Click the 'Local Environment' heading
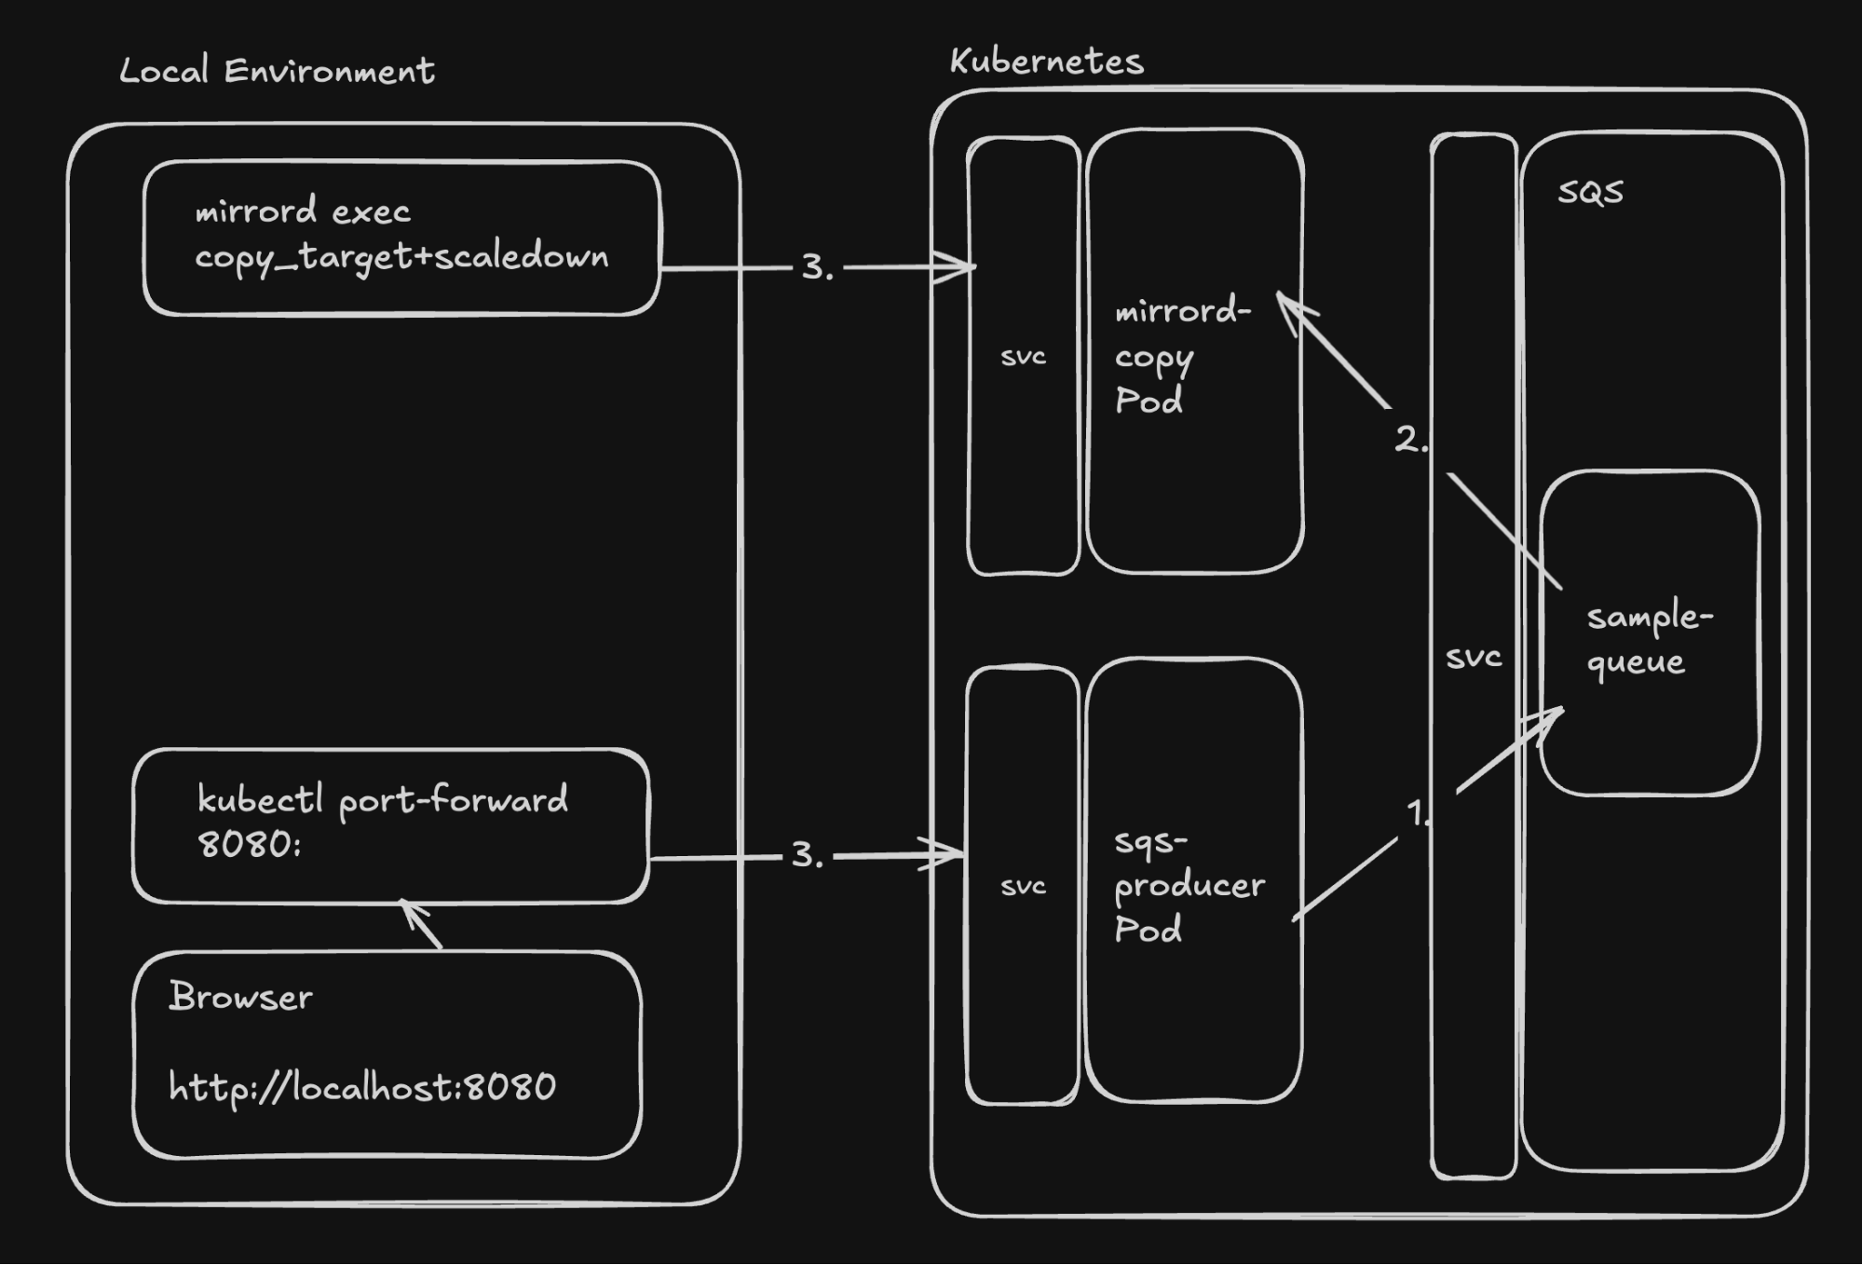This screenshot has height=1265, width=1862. (x=277, y=71)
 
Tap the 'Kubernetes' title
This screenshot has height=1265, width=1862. (x=1046, y=61)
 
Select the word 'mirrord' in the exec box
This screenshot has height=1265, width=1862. (x=255, y=211)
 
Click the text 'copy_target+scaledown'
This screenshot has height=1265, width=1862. (x=401, y=256)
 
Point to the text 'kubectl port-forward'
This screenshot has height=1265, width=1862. (x=382, y=800)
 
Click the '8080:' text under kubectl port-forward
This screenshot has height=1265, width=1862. (x=250, y=844)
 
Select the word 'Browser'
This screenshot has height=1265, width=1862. (x=240, y=997)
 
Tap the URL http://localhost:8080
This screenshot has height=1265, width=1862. (x=361, y=1087)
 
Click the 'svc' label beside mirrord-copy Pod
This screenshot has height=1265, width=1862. (x=1023, y=357)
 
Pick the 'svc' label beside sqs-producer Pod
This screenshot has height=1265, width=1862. (x=1023, y=886)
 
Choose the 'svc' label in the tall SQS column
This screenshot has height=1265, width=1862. (x=1474, y=658)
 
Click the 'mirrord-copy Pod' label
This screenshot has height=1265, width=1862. (x=1182, y=355)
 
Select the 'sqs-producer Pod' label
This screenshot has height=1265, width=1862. (x=1189, y=885)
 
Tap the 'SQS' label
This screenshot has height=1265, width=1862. (x=1590, y=192)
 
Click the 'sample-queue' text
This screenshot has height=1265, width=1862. (x=1649, y=639)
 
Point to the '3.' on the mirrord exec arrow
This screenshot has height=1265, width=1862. (x=817, y=267)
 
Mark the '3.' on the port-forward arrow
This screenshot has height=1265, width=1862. (x=807, y=855)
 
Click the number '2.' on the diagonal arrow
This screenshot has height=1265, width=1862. (x=1410, y=439)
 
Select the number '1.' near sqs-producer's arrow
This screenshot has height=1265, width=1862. (x=1418, y=812)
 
